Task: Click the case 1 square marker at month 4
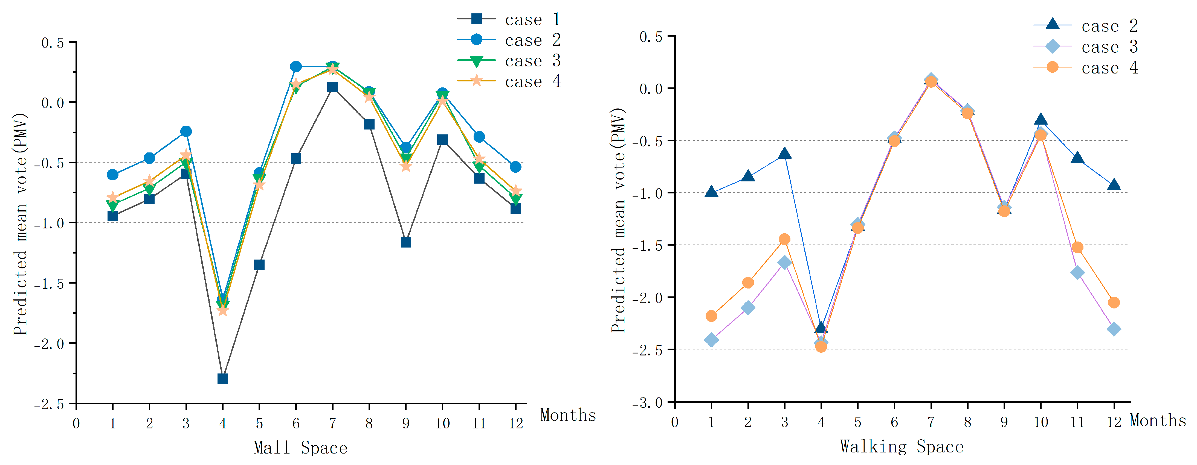[x=223, y=379]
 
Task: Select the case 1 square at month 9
[x=406, y=242]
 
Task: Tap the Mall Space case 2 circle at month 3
[x=186, y=131]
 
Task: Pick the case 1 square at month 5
[x=259, y=264]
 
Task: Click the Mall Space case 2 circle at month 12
[x=515, y=167]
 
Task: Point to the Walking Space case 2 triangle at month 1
[x=711, y=192]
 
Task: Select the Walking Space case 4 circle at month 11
[x=1077, y=247]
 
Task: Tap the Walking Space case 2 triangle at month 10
[x=1041, y=120]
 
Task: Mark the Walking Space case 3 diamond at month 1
[x=711, y=340]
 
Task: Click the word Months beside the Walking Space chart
[x=1158, y=420]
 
